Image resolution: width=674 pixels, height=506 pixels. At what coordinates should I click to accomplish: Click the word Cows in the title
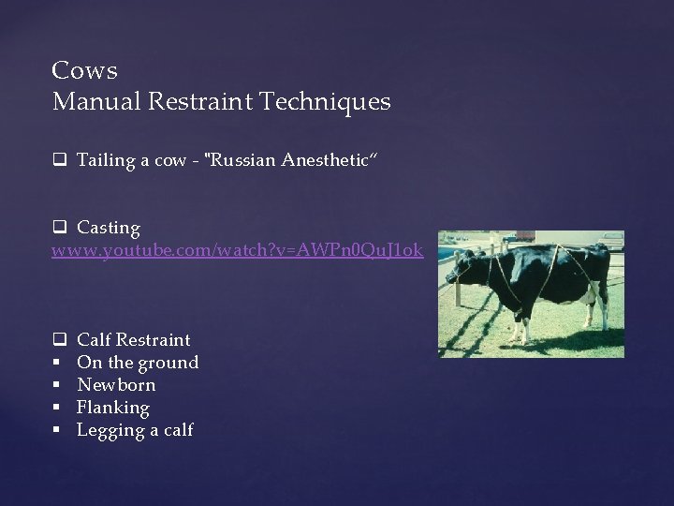tap(85, 71)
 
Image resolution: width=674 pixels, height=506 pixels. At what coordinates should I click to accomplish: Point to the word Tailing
tap(106, 160)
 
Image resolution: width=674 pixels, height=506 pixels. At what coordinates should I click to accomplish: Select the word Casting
tap(109, 228)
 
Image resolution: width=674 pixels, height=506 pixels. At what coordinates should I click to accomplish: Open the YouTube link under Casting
tap(237, 250)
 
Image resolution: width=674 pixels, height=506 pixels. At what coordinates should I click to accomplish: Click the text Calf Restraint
tap(133, 340)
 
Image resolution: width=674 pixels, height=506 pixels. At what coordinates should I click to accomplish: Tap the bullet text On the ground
tap(138, 363)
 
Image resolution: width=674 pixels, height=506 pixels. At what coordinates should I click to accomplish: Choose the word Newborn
tap(116, 385)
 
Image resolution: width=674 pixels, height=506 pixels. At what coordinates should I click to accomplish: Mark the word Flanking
tap(112, 408)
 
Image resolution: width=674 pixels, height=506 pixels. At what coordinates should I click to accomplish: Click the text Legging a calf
tap(135, 430)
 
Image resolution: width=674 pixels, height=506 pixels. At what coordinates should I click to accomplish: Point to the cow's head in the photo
tap(466, 268)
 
